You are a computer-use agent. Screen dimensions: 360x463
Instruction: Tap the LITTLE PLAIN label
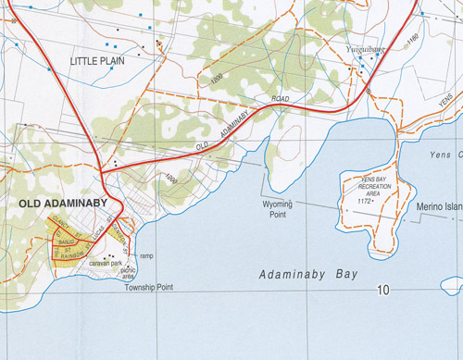click(x=98, y=62)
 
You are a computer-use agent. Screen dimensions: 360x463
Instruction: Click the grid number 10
click(x=382, y=291)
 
